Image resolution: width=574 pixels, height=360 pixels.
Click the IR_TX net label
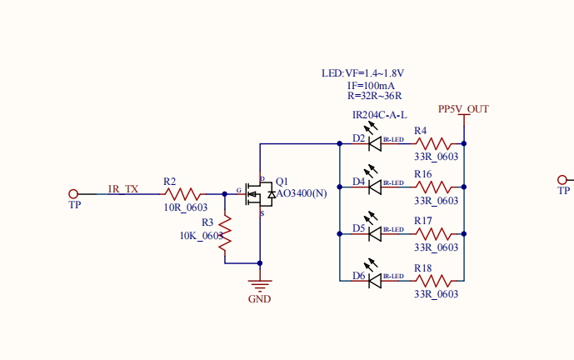[x=123, y=188]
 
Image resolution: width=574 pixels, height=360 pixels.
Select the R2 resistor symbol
[x=182, y=193]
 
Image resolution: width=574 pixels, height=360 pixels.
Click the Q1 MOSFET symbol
[x=258, y=193]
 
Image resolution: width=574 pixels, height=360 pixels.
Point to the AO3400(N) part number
[x=302, y=193]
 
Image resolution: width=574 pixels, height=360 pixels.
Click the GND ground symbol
[x=260, y=287]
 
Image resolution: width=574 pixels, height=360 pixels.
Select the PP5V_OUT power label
[x=463, y=109]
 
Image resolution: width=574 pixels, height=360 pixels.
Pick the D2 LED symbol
[x=375, y=144]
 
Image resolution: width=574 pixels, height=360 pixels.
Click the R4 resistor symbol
[x=436, y=144]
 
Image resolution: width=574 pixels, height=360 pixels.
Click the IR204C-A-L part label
[x=379, y=114]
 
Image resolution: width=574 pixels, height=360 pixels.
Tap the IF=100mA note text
[x=371, y=86]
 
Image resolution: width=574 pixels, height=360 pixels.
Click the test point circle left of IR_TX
[x=73, y=193]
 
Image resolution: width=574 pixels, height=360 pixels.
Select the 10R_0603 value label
[x=185, y=207]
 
